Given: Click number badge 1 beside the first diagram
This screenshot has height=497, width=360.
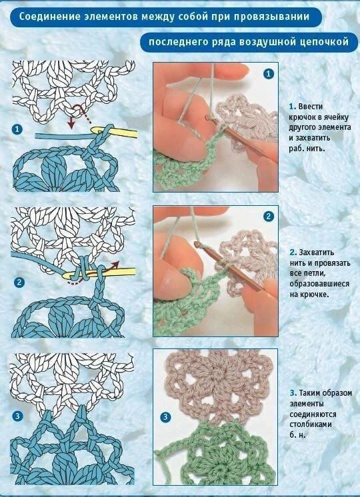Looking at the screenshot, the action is [x=17, y=130].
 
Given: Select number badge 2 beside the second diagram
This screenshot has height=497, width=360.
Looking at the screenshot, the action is [x=19, y=282].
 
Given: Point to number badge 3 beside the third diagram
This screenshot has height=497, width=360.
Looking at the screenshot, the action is [x=17, y=416].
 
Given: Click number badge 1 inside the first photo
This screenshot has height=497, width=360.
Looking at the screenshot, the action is [x=269, y=74].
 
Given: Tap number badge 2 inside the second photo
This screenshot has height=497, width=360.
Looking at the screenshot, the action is [x=269, y=217].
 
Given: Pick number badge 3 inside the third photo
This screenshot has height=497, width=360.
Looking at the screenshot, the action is [x=165, y=417].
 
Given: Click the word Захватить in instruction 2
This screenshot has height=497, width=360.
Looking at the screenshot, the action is [x=317, y=252].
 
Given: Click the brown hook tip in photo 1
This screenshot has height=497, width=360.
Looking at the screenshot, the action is [x=207, y=118].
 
